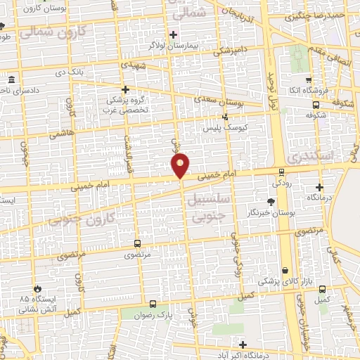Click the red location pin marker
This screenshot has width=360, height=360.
pyautogui.click(x=181, y=166)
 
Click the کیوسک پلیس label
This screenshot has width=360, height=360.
pyautogui.click(x=221, y=129)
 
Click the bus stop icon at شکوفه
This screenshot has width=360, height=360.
pyautogui.click(x=315, y=105)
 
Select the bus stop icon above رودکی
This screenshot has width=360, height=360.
pyautogui.click(x=282, y=171)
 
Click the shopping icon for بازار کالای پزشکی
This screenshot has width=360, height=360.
pyautogui.click(x=285, y=271)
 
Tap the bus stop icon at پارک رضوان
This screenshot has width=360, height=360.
pyautogui.click(x=153, y=304)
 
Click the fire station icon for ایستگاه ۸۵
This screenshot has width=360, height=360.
pyautogui.click(x=37, y=288)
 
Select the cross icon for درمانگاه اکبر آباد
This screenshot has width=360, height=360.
pyautogui.click(x=243, y=345)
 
